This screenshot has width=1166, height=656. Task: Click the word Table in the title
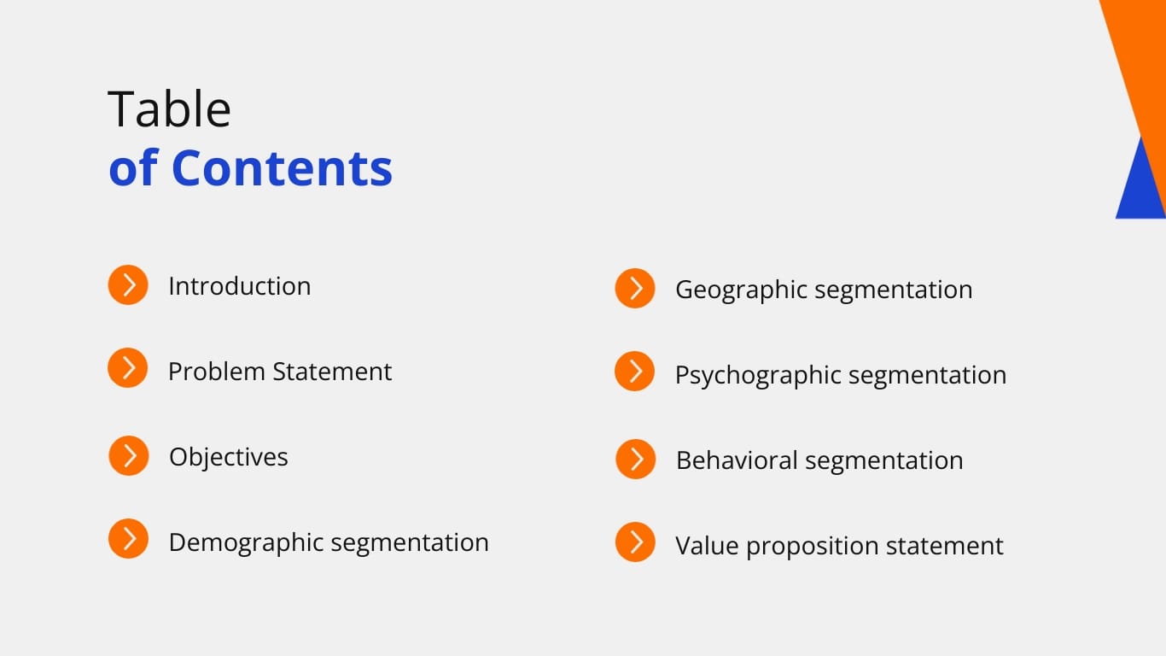tap(169, 109)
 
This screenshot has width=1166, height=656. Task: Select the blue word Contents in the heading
tap(282, 167)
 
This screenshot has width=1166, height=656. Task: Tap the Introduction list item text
tap(239, 286)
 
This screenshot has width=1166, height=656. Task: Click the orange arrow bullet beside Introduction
tap(128, 284)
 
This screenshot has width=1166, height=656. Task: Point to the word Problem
tap(216, 372)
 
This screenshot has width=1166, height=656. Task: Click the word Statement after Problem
tap(332, 372)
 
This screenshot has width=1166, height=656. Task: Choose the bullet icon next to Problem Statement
tap(128, 368)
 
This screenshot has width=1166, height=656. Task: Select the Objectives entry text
tap(228, 457)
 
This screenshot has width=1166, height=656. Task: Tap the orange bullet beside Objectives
tap(128, 455)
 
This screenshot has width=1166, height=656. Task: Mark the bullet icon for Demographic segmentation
tap(128, 539)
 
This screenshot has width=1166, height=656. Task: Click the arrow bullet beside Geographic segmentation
tap(635, 289)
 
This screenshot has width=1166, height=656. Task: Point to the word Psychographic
tap(758, 375)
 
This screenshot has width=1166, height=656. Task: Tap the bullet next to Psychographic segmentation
tap(635, 372)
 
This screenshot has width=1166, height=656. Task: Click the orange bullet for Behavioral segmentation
tap(635, 459)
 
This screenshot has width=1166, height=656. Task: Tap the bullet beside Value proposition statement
tap(635, 542)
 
